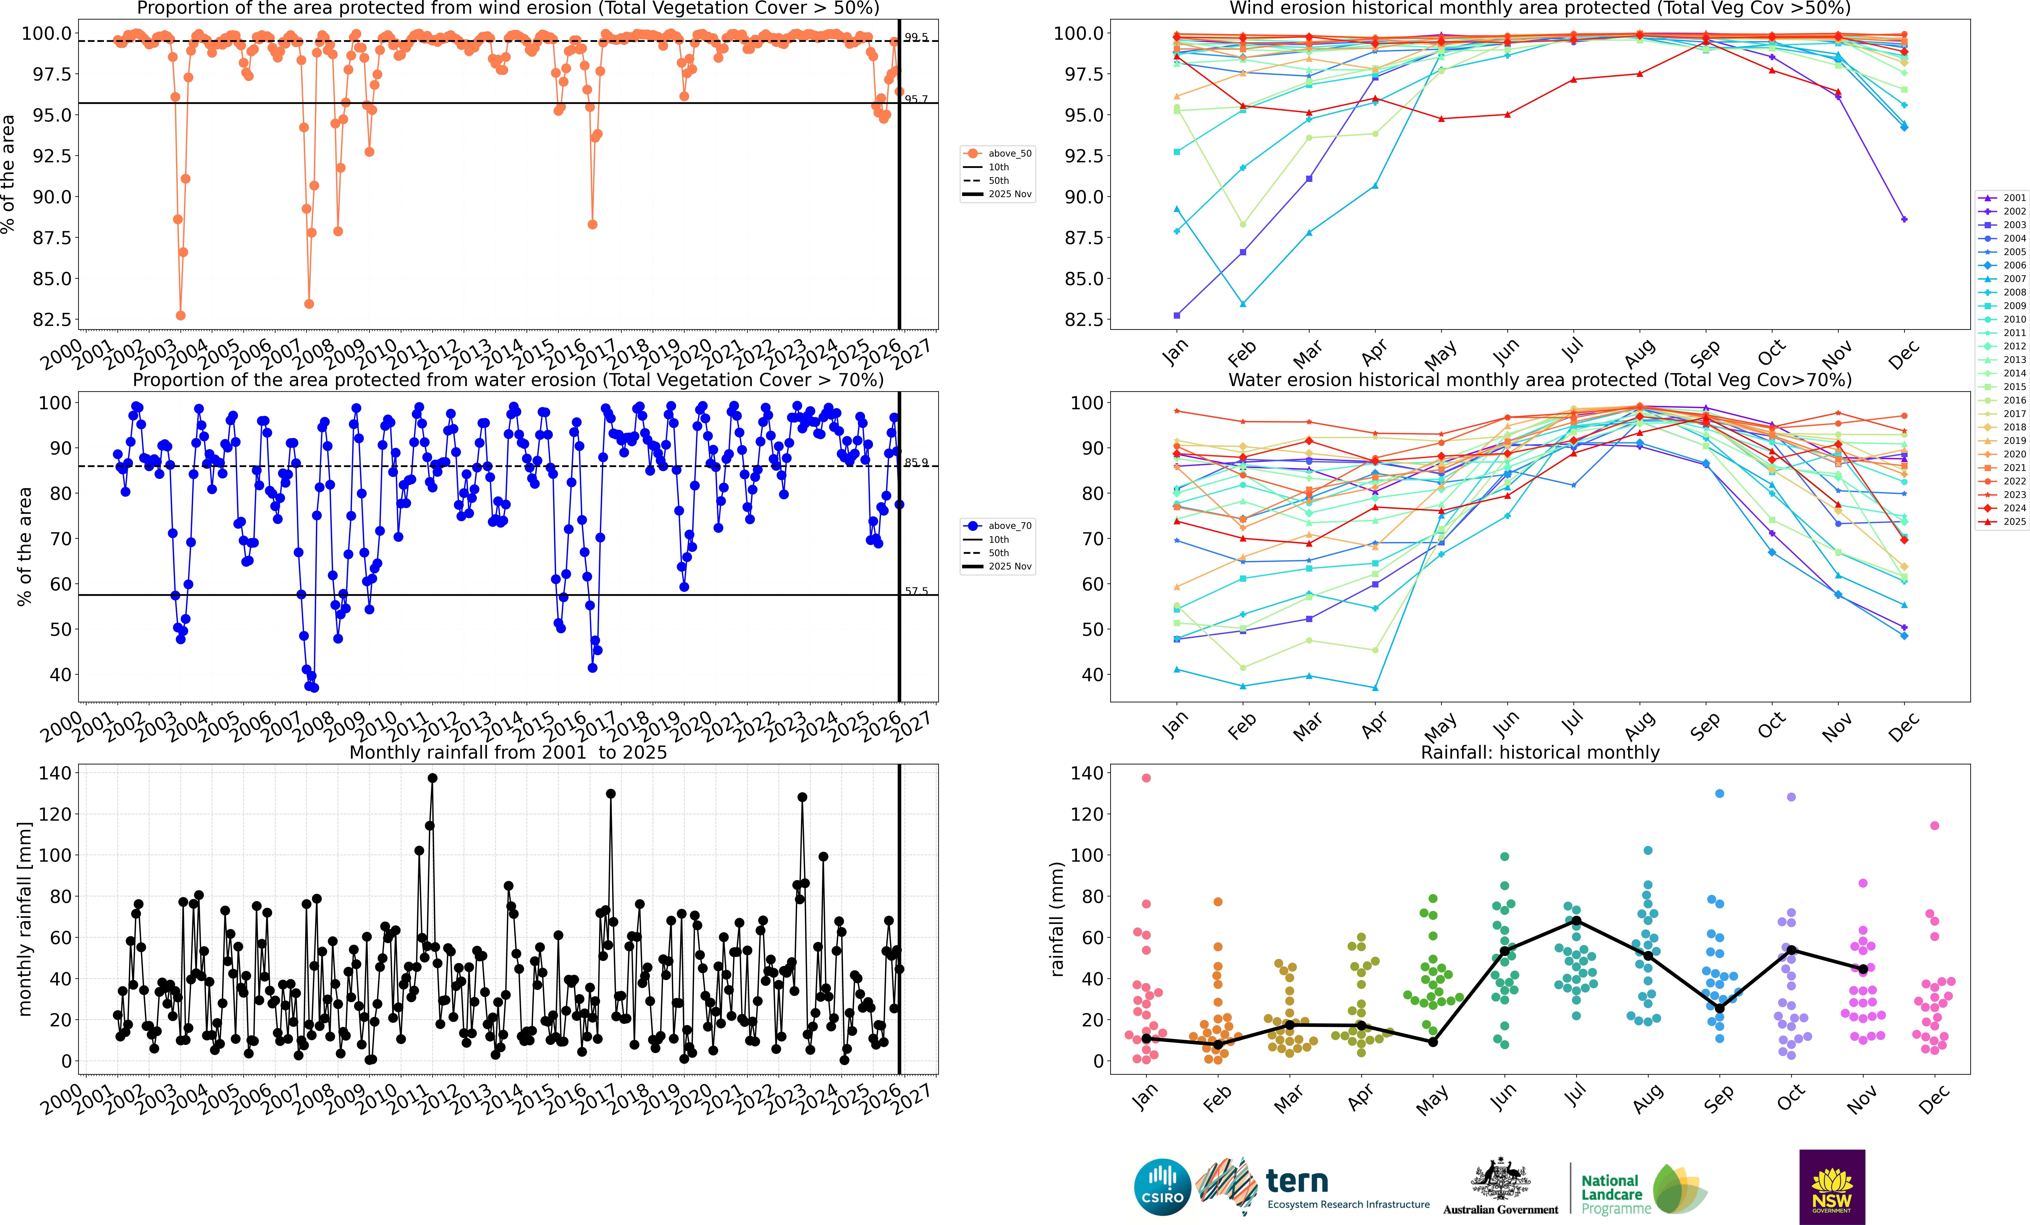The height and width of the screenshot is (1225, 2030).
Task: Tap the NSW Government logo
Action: point(1831,1186)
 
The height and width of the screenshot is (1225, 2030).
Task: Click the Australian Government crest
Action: point(1500,1180)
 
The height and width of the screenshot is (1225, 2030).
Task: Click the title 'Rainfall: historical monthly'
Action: point(1540,752)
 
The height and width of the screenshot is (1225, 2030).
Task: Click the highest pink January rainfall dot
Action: point(1146,778)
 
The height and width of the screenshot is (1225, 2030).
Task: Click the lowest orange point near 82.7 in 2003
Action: point(180,315)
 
